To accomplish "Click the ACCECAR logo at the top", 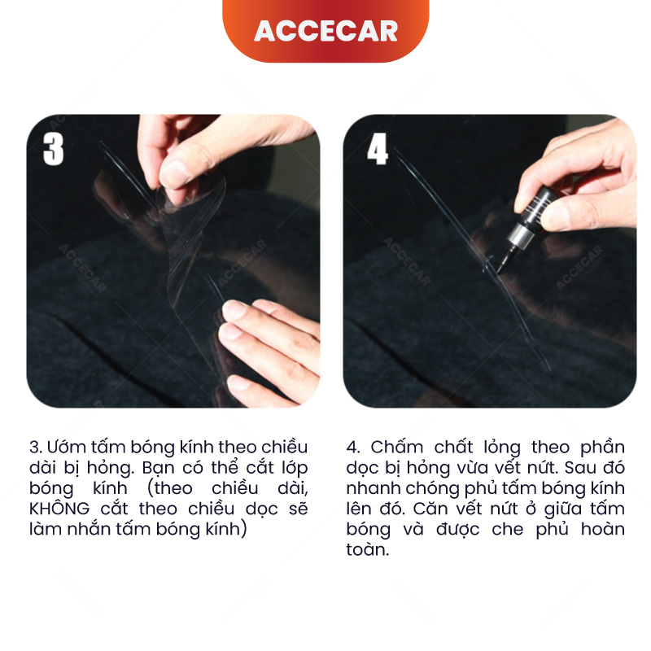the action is pos(326,31).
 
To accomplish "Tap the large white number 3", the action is pos(54,150).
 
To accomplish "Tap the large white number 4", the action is pos(378,149).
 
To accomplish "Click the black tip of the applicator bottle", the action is pos(505,260).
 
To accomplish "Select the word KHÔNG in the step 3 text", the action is pos(59,509).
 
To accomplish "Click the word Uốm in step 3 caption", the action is pos(66,447).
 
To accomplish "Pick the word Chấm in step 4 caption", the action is pos(397,447).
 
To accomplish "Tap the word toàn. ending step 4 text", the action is pos(368,550).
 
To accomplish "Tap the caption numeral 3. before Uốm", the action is pos(36,448).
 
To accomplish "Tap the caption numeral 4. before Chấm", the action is pos(353,448).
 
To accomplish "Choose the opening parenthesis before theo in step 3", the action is pos(151,489).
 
